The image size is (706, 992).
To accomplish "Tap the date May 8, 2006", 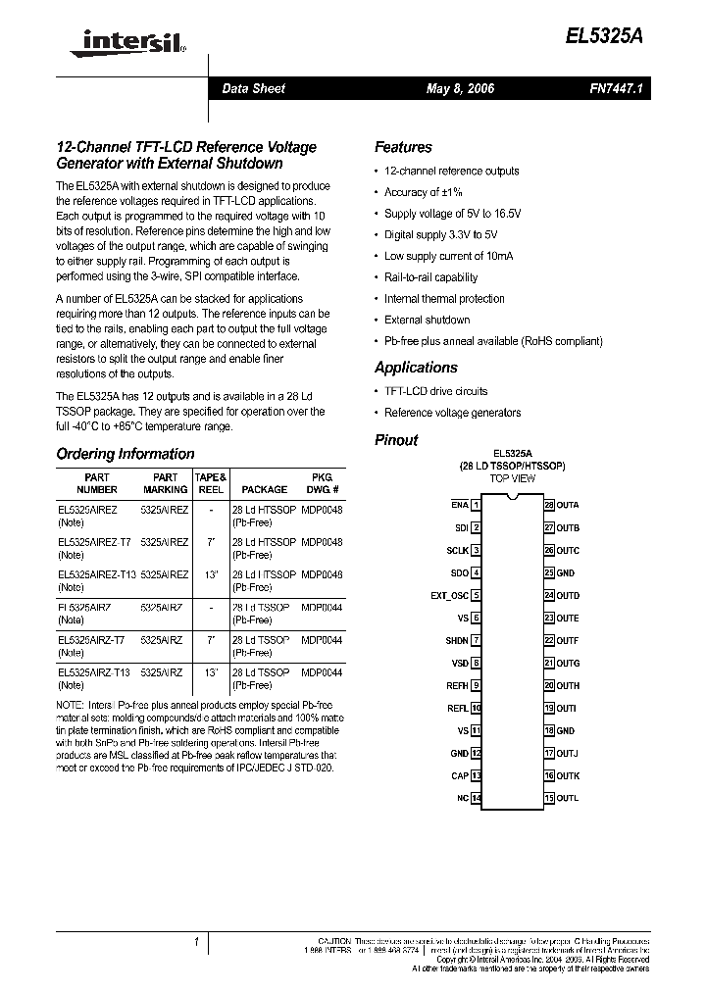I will point(460,88).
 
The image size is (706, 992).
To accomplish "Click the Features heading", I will point(403,147).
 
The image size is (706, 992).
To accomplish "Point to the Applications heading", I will point(416,368).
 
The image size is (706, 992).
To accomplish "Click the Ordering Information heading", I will point(126,454).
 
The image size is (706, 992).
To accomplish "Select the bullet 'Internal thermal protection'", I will point(444,299).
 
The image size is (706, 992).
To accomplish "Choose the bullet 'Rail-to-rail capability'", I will point(430,277).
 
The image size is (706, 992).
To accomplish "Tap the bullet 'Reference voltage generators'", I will point(452,413).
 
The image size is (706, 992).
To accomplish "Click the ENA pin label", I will point(459,505).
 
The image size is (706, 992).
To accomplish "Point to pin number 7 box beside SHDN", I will point(476,640).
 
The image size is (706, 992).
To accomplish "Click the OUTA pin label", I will point(568,505).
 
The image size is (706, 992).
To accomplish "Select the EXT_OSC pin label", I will point(449,595).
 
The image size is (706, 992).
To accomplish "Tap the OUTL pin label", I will point(568,798).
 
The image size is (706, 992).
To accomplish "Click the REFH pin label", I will point(456,685).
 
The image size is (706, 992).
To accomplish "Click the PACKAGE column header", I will point(264,489).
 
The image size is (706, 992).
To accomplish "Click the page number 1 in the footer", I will point(197,943).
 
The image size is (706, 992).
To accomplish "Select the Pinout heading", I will point(396,440).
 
